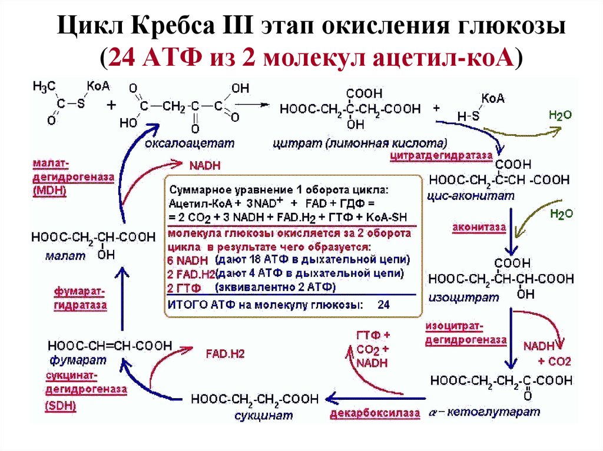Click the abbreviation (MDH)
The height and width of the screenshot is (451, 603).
pyautogui.click(x=50, y=191)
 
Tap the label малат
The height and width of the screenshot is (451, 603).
pyautogui.click(x=61, y=256)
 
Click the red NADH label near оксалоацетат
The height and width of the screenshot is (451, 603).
pyautogui.click(x=204, y=166)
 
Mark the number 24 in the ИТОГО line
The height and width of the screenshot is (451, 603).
pyautogui.click(x=383, y=305)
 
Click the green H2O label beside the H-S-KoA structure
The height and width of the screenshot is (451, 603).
pyautogui.click(x=559, y=115)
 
